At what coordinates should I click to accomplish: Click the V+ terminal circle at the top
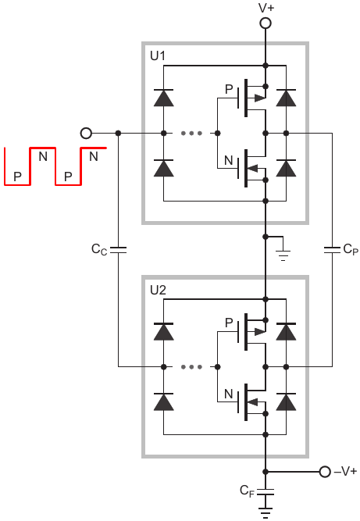tap(265, 23)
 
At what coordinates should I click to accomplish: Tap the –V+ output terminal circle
tap(325, 472)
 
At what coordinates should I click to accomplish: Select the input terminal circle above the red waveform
tap(86, 134)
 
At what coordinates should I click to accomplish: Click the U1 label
tap(158, 55)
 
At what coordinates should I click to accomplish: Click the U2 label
tap(158, 290)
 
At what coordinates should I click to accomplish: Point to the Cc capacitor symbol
tap(118, 250)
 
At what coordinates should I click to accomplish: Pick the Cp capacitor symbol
tap(332, 250)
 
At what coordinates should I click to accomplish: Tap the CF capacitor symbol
tap(266, 492)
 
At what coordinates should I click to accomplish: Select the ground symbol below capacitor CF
tap(266, 512)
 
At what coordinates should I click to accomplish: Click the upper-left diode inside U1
tap(163, 98)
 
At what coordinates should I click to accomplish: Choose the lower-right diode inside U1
tap(286, 168)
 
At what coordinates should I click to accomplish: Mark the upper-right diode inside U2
tap(286, 331)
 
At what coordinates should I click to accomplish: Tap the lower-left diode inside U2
tap(163, 401)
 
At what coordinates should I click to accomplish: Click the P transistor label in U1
tap(229, 89)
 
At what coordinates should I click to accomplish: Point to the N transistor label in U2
tap(229, 394)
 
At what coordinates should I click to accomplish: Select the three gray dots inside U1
tap(191, 134)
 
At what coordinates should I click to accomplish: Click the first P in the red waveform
tap(17, 177)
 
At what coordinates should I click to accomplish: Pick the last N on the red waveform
tap(94, 156)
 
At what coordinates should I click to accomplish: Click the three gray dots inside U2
tap(191, 367)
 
